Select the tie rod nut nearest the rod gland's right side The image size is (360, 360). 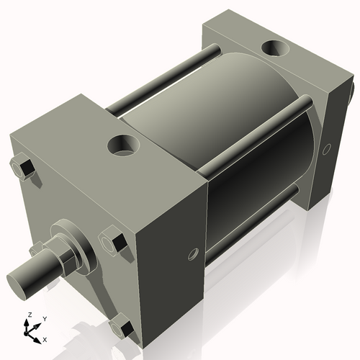point(112,240)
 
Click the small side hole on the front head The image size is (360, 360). point(192,253)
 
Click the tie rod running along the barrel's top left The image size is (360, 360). point(162,79)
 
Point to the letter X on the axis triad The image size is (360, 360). point(45,338)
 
